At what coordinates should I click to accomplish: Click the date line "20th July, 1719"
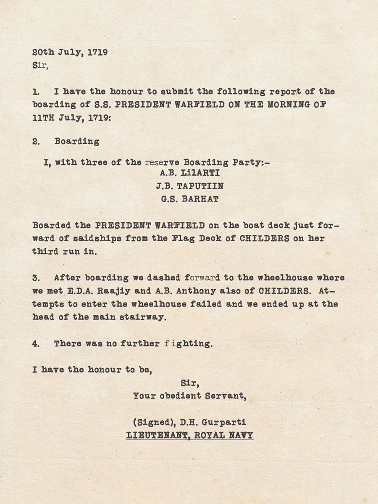[x=70, y=53]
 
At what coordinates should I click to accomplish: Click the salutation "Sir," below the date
[x=40, y=66]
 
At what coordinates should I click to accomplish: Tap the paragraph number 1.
[x=36, y=91]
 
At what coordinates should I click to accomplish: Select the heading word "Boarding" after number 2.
[x=77, y=141]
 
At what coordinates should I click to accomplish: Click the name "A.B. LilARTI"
[x=189, y=173]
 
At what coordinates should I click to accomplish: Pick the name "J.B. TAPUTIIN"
[x=189, y=186]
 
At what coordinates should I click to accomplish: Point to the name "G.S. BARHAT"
[x=189, y=199]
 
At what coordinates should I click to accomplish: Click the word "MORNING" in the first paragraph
[x=289, y=104]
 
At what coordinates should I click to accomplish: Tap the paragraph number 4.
[x=36, y=343]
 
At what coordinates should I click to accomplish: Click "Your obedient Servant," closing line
[x=189, y=396]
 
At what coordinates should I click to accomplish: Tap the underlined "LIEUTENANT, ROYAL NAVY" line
[x=189, y=435]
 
